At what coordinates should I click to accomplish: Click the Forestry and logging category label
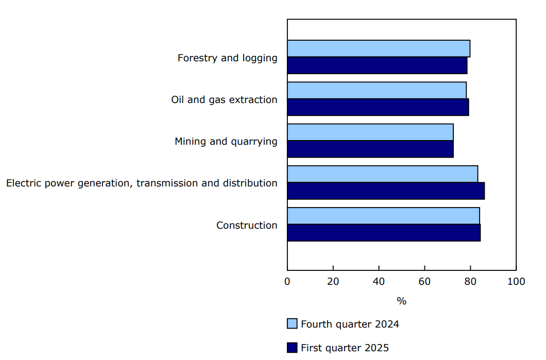tap(227, 58)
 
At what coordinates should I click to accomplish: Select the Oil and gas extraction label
tap(224, 99)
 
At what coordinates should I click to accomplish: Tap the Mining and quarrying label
tap(226, 141)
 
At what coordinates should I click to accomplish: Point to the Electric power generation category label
tap(142, 183)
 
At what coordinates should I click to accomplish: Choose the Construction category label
tap(247, 225)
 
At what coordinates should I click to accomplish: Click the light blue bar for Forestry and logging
tap(379, 48)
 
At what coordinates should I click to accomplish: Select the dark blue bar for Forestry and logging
tap(377, 65)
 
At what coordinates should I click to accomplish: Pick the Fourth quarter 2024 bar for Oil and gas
tap(377, 90)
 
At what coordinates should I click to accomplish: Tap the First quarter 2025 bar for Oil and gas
tap(378, 107)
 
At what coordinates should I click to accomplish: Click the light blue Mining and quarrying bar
tap(370, 132)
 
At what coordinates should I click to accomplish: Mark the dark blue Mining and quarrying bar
tap(370, 149)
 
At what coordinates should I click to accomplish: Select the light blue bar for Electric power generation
tap(382, 174)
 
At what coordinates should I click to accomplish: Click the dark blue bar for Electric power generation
tap(386, 191)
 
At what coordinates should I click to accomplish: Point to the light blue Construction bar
tap(383, 216)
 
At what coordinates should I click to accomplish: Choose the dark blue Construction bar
tap(384, 232)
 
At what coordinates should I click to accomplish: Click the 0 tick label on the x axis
tap(287, 281)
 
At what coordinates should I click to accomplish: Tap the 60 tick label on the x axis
tap(424, 281)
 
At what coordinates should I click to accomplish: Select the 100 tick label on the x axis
tap(516, 281)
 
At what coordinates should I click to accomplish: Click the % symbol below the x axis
tap(401, 301)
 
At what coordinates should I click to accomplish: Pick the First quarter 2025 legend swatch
tap(292, 348)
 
